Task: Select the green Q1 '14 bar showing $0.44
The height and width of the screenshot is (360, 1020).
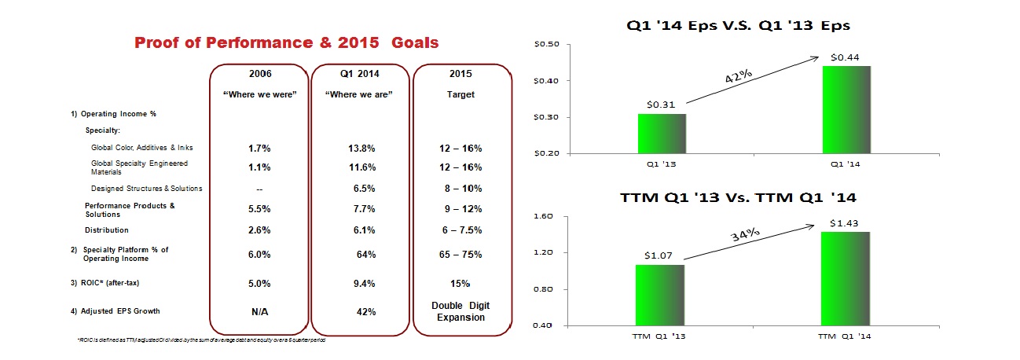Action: pos(846,109)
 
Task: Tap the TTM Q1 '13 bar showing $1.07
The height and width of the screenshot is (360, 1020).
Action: pos(660,295)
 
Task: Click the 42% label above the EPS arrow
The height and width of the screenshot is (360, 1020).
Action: pos(738,79)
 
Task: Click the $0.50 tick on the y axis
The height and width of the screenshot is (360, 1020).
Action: pos(548,44)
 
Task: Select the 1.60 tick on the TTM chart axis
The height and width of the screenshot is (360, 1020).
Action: pos(545,216)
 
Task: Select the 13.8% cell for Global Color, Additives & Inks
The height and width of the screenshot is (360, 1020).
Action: pos(360,148)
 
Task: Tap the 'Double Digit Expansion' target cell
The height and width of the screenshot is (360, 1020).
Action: pos(462,311)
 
